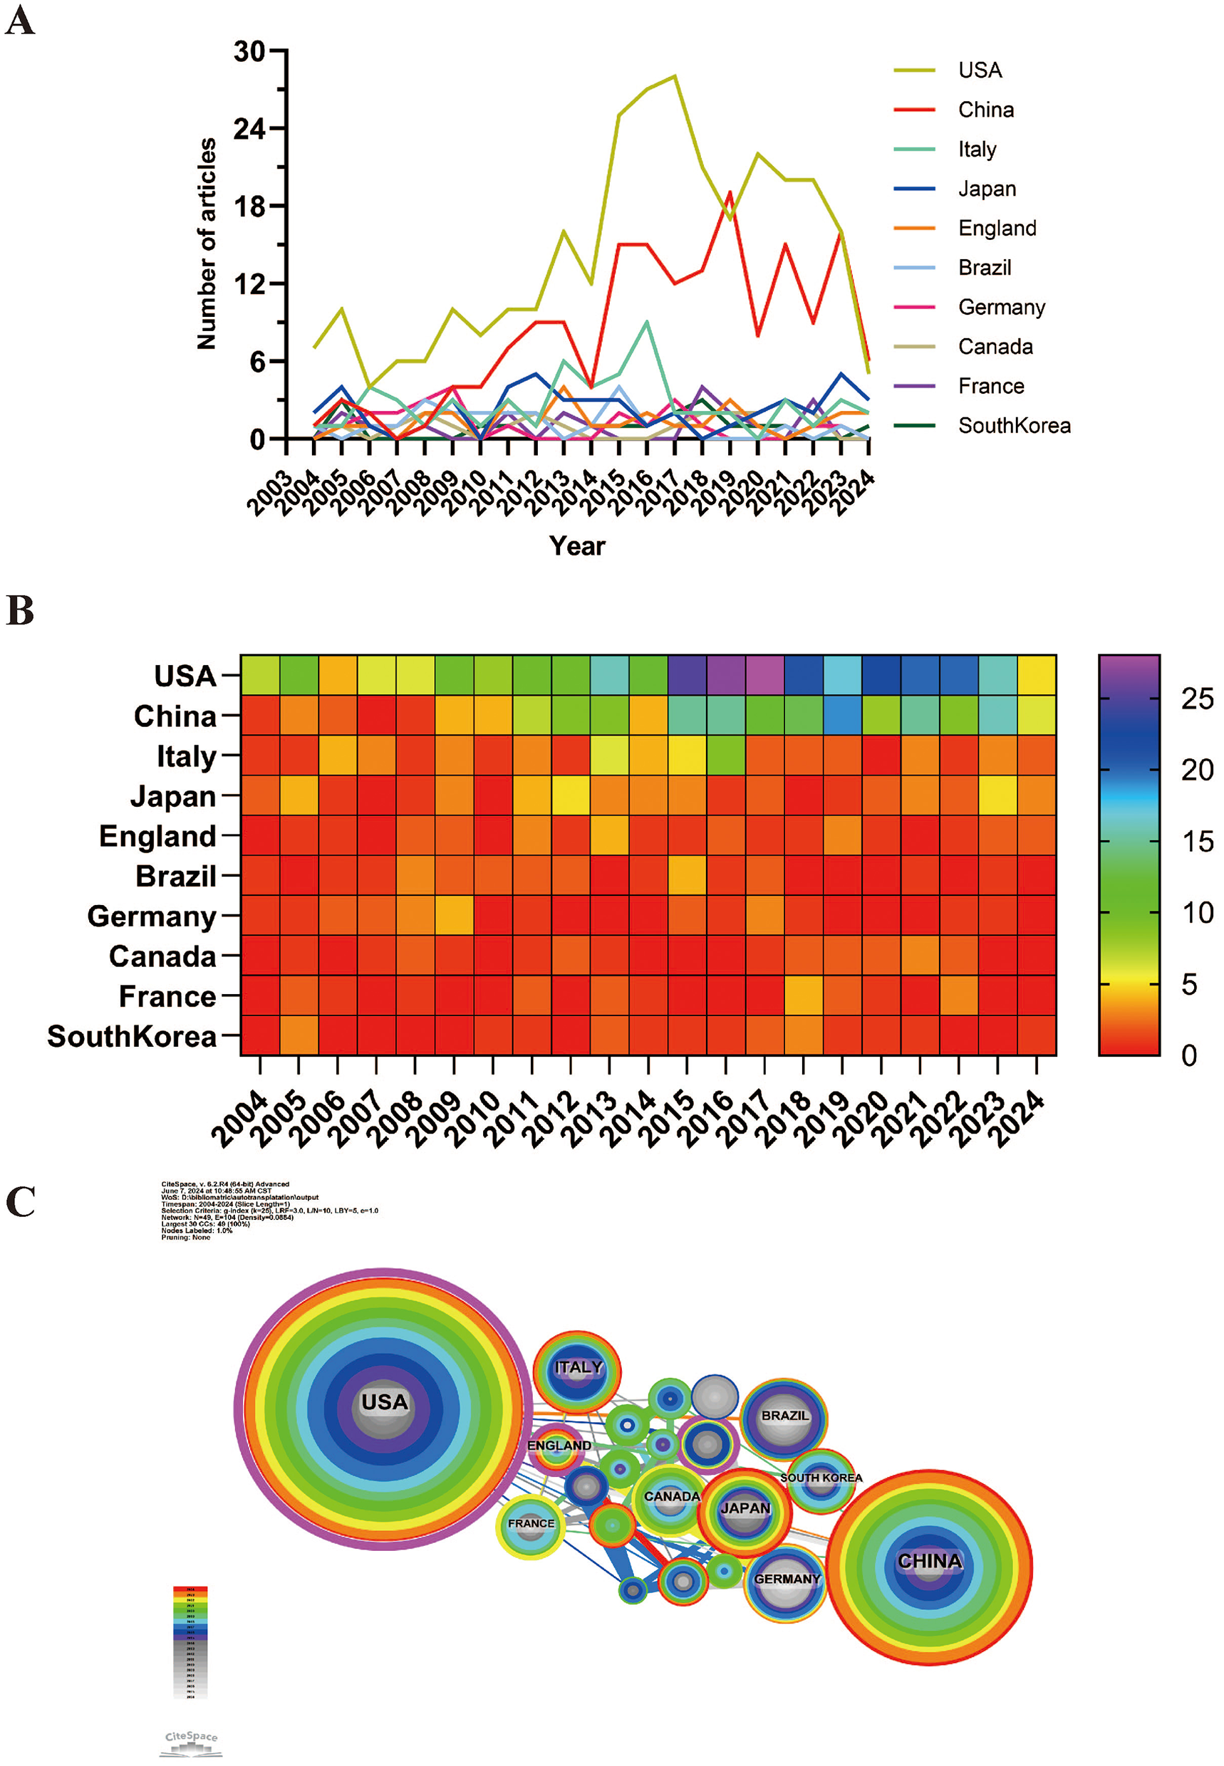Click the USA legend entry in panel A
point(979,70)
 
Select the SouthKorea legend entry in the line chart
point(1013,426)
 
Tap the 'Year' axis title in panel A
point(576,545)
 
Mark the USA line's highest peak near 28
point(674,76)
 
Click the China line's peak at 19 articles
point(730,192)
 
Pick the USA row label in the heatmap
point(185,676)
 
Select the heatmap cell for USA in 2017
point(764,675)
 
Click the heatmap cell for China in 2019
point(842,715)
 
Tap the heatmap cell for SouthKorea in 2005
point(299,1035)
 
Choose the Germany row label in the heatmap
point(151,916)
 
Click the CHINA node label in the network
point(929,1561)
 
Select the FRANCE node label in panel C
point(530,1523)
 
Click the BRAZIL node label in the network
point(784,1416)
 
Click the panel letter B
point(20,611)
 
